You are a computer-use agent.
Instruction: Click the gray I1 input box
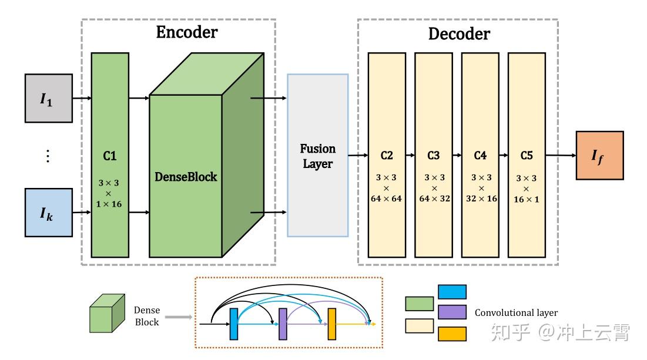[48, 98]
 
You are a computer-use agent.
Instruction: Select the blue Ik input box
[48, 212]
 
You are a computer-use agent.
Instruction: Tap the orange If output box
[599, 155]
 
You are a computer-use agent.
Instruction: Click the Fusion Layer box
[317, 156]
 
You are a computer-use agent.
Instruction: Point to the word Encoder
[186, 32]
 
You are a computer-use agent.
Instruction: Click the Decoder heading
[458, 33]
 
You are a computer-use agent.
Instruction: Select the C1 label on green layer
[110, 156]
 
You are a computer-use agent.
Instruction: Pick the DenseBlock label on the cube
[186, 176]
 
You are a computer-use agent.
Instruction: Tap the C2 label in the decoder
[386, 156]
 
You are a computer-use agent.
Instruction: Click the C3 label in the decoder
[433, 156]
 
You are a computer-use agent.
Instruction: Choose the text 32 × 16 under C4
[480, 199]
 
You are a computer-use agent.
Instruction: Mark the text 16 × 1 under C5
[527, 199]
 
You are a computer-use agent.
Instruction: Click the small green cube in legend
[106, 313]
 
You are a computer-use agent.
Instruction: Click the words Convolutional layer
[516, 313]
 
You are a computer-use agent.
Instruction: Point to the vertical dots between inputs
[48, 156]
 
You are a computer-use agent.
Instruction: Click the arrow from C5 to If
[560, 156]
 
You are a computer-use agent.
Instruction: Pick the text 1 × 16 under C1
[110, 203]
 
